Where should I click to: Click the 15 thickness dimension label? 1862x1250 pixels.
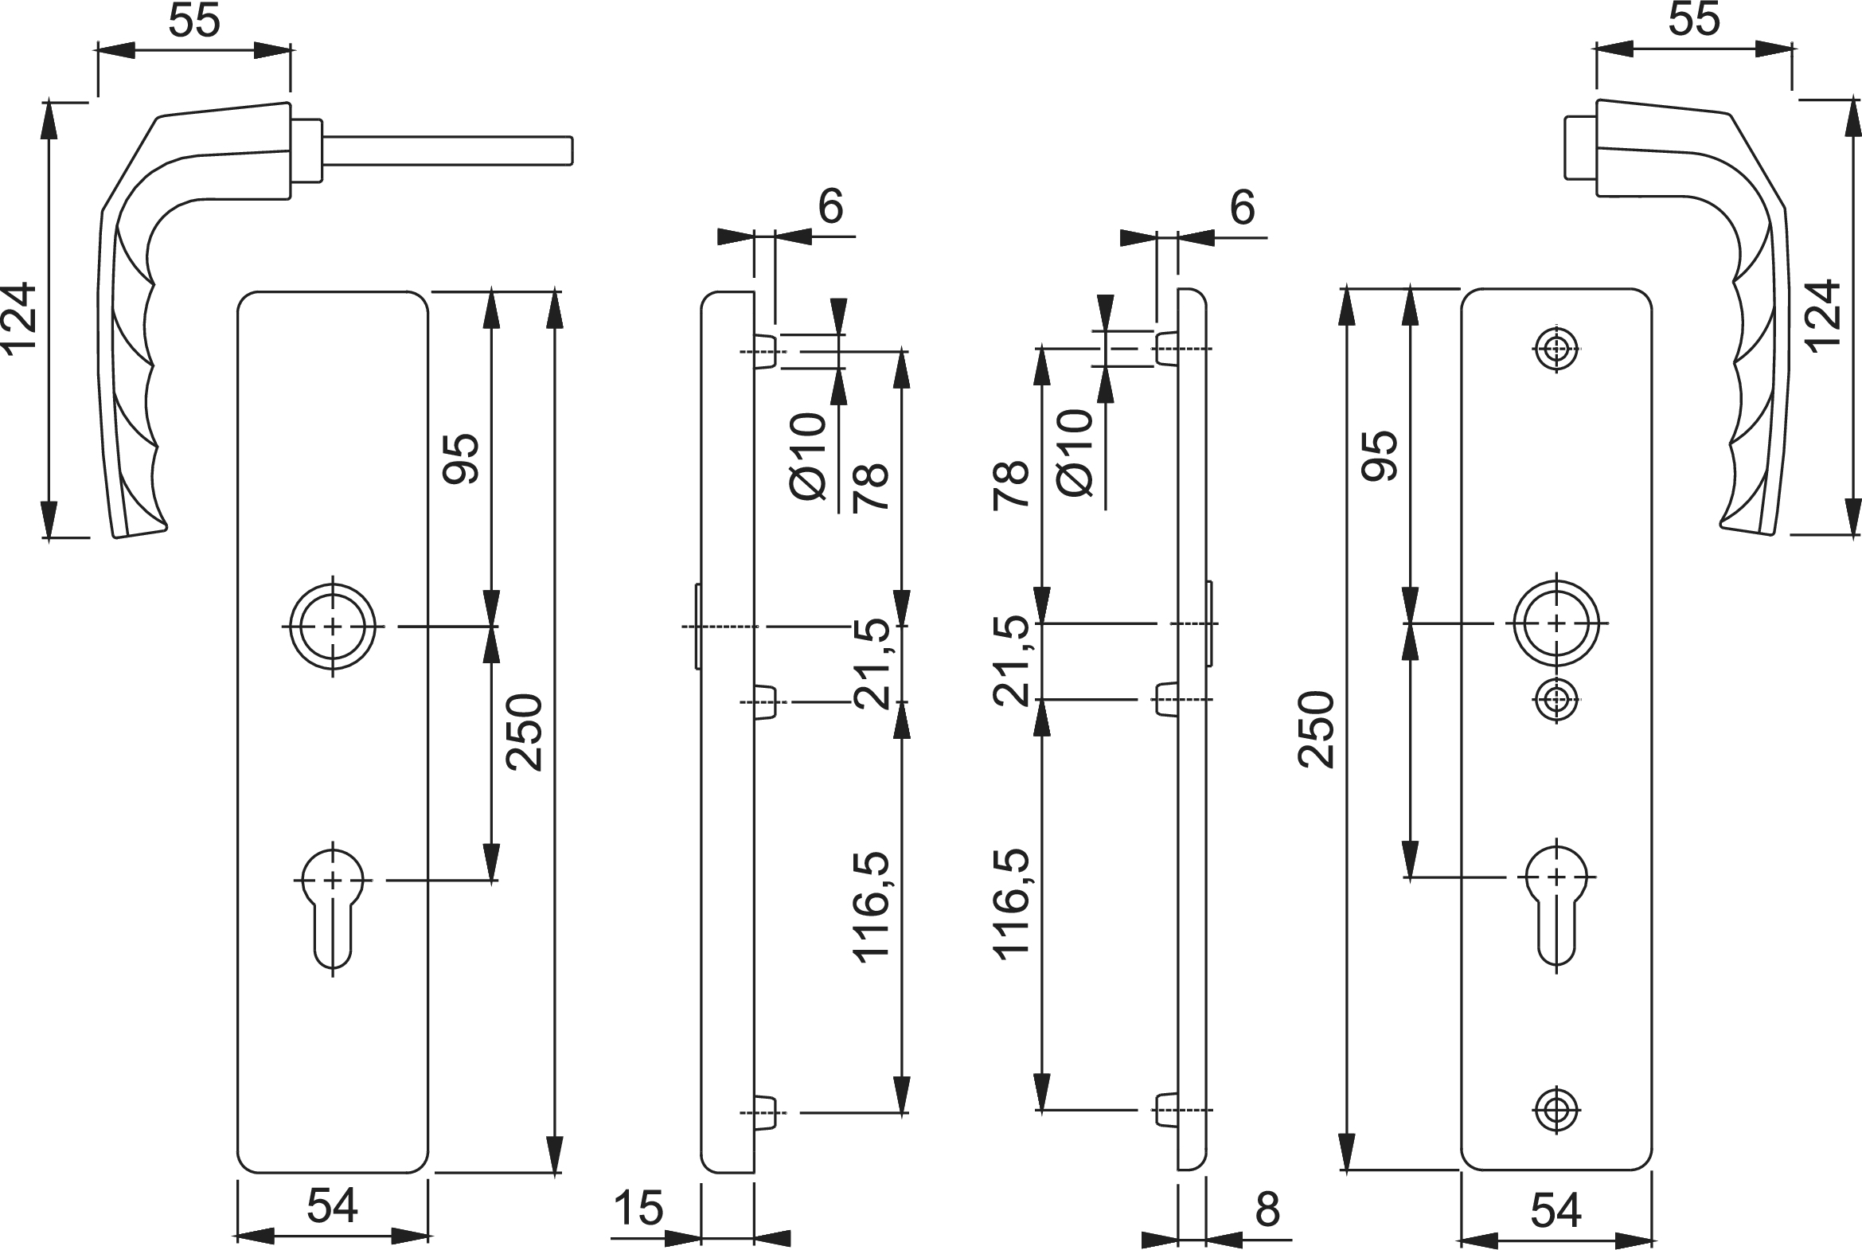pos(638,1208)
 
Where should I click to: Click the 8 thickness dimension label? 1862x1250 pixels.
pos(1267,1209)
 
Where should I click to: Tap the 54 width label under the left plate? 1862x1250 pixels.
pos(333,1205)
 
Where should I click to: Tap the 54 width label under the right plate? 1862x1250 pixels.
pos(1556,1210)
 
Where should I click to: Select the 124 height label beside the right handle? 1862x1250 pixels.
pos(1822,317)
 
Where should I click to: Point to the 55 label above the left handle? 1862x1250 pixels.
pos(193,21)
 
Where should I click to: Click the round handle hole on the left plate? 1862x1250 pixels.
pos(333,626)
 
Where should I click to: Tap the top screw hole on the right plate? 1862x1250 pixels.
pos(1556,349)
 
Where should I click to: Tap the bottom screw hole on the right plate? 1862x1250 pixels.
pos(1556,1109)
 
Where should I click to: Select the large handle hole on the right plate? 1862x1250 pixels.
pos(1556,623)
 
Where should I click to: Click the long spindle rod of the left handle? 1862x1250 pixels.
pos(447,151)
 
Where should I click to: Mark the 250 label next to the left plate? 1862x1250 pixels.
pos(525,732)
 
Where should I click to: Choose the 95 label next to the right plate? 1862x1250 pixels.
pos(1379,456)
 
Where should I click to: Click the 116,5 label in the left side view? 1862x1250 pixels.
pos(870,907)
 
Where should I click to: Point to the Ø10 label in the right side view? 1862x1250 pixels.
pos(1075,454)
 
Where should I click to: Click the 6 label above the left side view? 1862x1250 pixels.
pos(830,206)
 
